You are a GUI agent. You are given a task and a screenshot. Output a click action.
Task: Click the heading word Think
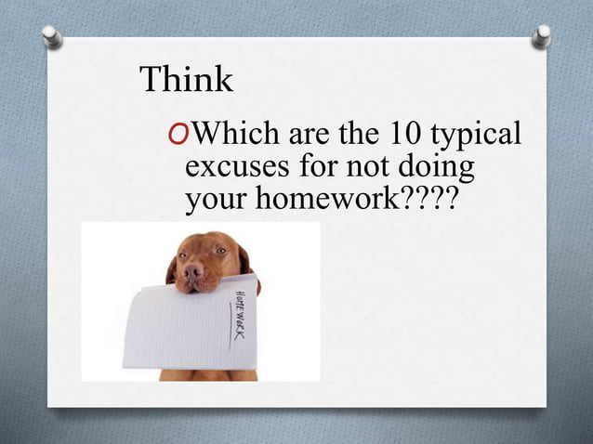coord(186,81)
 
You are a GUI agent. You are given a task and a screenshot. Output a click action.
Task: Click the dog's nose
coord(193,271)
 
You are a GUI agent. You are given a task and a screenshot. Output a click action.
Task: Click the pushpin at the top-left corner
coord(52,35)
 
